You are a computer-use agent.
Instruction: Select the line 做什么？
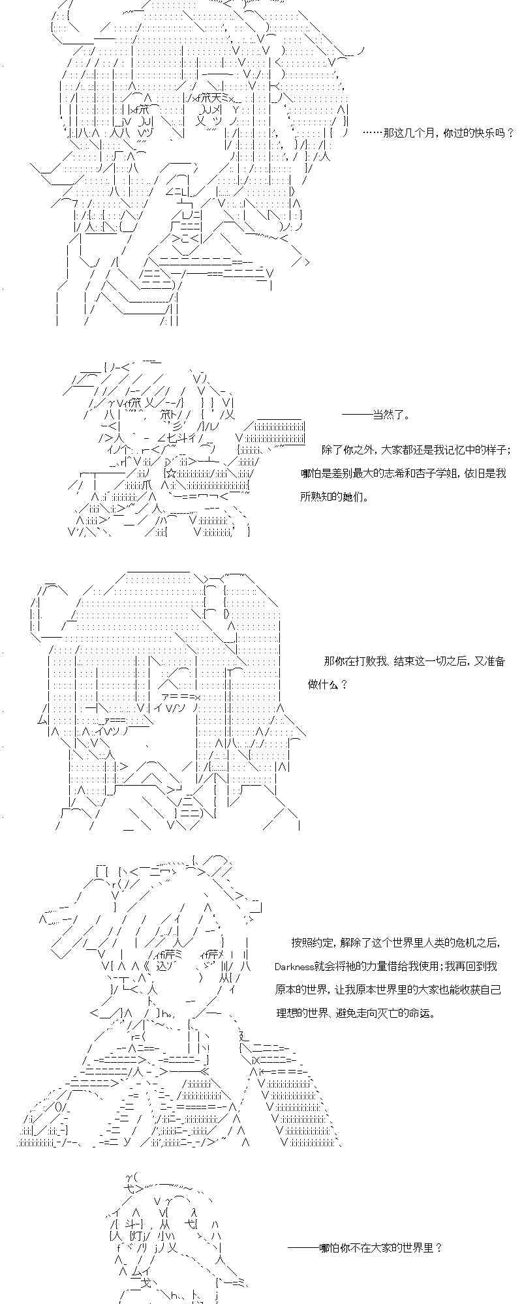[x=328, y=685]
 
